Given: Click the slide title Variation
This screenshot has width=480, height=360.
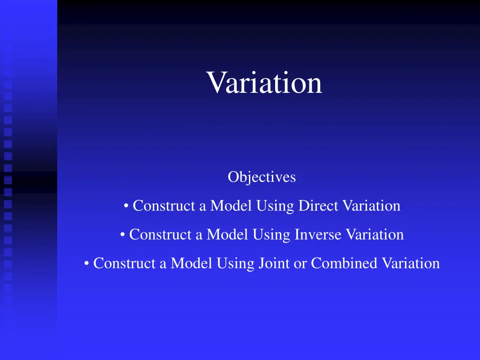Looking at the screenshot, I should click(x=264, y=82).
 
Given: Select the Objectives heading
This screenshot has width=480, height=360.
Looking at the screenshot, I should click(x=262, y=177).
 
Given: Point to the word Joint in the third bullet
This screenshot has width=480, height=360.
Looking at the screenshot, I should click(x=274, y=263).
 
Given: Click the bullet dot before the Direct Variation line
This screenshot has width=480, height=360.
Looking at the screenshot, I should click(x=127, y=206).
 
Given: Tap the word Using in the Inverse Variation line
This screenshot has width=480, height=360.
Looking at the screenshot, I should click(x=272, y=235).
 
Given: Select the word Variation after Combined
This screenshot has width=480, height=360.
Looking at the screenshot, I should click(x=411, y=263).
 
